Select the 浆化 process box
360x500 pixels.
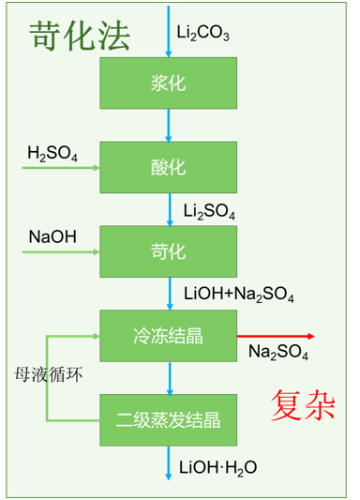point(169,83)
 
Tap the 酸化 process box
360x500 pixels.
point(169,168)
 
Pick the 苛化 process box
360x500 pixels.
point(169,251)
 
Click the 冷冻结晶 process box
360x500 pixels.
point(169,335)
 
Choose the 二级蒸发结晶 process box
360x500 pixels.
point(169,418)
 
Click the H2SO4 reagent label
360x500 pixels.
point(52,154)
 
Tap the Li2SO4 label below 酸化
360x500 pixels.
point(209,211)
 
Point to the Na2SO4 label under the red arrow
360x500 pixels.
point(278,353)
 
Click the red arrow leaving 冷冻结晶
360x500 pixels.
point(277,336)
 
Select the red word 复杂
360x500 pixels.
point(303,404)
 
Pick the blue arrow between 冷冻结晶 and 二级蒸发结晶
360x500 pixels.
point(170,377)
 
